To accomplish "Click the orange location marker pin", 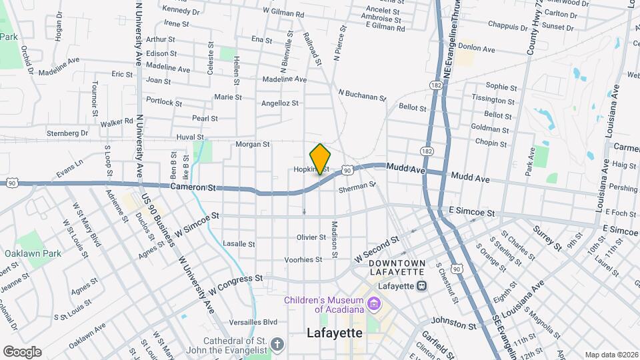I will coord(321,159).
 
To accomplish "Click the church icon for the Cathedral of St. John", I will coord(277,345).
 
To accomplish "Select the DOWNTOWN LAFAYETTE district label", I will coord(397,267).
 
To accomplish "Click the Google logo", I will coord(22,351).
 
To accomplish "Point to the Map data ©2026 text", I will coord(610,355).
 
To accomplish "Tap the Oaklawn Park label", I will coord(33,253).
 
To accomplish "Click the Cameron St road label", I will coord(194,189).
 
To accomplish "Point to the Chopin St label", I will coord(492,142).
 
